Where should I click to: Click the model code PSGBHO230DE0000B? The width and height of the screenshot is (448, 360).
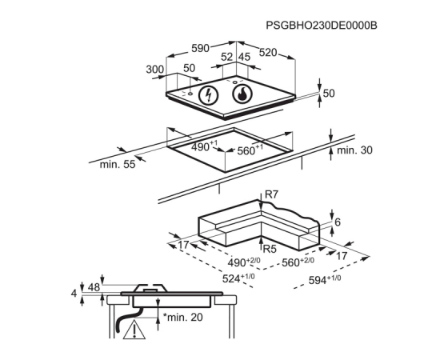pyautogui.click(x=322, y=26)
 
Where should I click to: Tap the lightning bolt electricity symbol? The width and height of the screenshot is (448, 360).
pyautogui.click(x=209, y=95)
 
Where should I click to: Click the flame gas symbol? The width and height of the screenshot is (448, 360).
pyautogui.click(x=242, y=94)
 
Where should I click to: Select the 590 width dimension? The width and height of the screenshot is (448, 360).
pyautogui.click(x=200, y=48)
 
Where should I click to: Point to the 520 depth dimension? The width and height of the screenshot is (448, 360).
pyautogui.click(x=268, y=52)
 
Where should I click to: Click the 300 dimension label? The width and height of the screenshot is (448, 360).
pyautogui.click(x=155, y=70)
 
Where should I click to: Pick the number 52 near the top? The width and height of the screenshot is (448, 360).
pyautogui.click(x=227, y=57)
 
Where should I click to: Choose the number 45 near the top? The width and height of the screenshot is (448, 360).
pyautogui.click(x=244, y=57)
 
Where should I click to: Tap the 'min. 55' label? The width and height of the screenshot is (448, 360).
pyautogui.click(x=118, y=165)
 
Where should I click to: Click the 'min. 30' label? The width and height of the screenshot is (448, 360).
pyautogui.click(x=354, y=150)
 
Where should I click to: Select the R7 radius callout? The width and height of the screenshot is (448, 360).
pyautogui.click(x=271, y=194)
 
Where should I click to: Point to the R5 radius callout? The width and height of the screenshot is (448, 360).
pyautogui.click(x=270, y=249)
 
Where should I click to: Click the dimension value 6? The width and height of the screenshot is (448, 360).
pyautogui.click(x=338, y=222)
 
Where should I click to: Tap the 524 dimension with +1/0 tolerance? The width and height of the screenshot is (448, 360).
pyautogui.click(x=238, y=278)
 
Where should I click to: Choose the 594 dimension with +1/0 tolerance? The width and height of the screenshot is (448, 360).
pyautogui.click(x=325, y=280)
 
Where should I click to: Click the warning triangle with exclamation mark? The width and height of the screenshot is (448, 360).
pyautogui.click(x=134, y=330)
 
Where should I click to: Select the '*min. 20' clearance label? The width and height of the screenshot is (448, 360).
pyautogui.click(x=183, y=317)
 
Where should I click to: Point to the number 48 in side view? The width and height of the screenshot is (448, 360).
pyautogui.click(x=94, y=287)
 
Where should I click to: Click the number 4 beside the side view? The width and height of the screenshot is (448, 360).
pyautogui.click(x=74, y=294)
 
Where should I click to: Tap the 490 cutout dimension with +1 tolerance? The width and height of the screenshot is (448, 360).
pyautogui.click(x=205, y=146)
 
